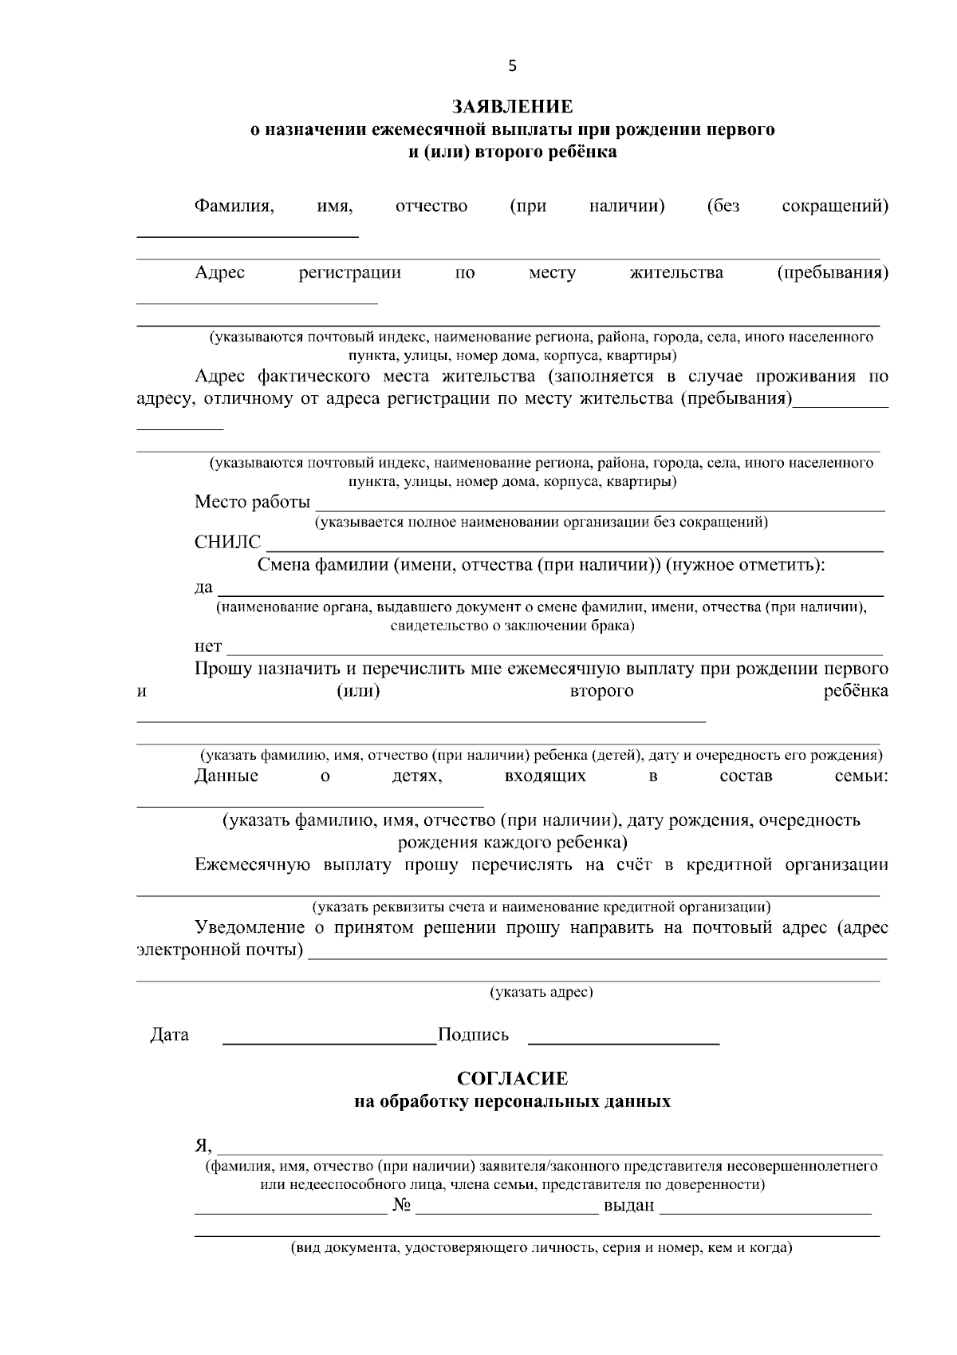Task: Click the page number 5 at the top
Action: coord(512,66)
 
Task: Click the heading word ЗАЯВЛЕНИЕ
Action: coord(512,107)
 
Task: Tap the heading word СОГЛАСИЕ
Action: coord(512,1079)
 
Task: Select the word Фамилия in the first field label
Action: coord(234,207)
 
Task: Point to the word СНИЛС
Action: coord(227,543)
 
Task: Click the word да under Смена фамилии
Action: coord(203,588)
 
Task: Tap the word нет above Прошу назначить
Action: coord(208,646)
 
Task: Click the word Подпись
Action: coord(474,1035)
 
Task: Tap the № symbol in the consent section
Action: coord(401,1206)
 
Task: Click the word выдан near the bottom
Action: coord(629,1206)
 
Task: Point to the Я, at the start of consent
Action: coord(203,1146)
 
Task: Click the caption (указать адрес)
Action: coord(541,992)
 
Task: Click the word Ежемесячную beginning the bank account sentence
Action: coord(253,865)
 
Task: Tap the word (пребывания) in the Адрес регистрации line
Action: coord(833,273)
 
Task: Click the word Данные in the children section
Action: coord(226,776)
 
